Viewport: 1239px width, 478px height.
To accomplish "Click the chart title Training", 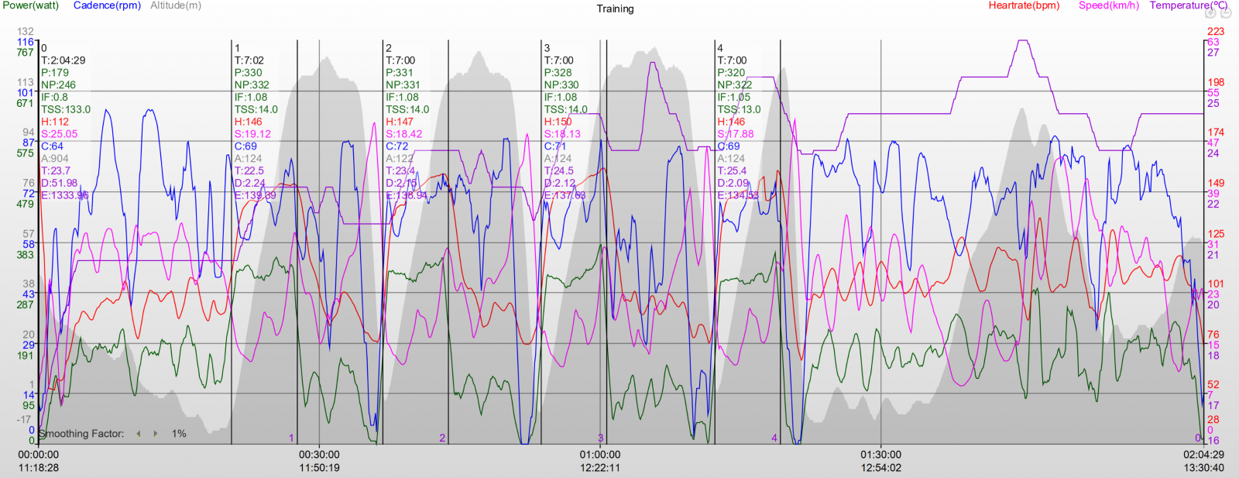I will (615, 9).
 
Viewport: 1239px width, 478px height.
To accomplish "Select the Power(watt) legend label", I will (31, 5).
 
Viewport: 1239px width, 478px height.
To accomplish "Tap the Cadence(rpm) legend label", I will (107, 5).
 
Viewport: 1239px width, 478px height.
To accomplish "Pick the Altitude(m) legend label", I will (176, 5).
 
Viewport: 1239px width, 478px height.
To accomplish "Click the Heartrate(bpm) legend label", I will (1024, 5).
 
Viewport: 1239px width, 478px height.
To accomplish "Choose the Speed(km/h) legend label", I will (1109, 5).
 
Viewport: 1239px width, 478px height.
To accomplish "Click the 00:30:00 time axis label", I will (319, 455).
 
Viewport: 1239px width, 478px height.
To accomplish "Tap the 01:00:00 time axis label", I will (599, 455).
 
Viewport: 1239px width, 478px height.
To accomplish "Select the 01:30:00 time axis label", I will (880, 455).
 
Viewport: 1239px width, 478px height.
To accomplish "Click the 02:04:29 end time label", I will (1203, 455).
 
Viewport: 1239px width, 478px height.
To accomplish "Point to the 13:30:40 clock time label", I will (1203, 467).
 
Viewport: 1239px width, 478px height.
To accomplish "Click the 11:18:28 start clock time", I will (39, 467).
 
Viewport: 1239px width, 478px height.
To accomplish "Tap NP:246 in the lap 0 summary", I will (59, 85).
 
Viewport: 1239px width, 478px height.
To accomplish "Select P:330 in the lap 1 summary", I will (249, 73).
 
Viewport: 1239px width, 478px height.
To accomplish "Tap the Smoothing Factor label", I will (81, 434).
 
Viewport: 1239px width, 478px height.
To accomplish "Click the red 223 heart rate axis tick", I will (1216, 32).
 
